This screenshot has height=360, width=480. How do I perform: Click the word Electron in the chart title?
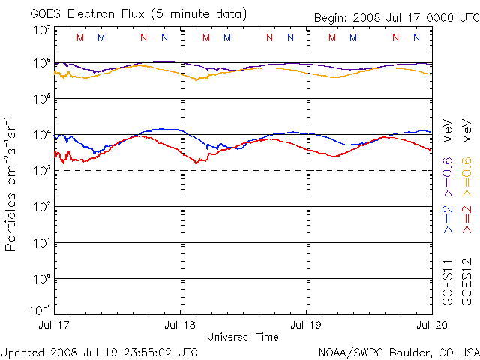click(x=97, y=13)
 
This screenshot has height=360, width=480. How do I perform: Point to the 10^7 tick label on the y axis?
click(x=41, y=31)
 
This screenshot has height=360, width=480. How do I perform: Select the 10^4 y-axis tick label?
click(x=41, y=135)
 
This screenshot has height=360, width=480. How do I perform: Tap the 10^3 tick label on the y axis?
click(x=41, y=171)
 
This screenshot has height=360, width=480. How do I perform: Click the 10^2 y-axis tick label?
click(x=41, y=207)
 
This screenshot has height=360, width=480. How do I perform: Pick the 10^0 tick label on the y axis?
click(x=41, y=279)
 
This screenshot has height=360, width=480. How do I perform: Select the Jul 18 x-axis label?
click(x=181, y=326)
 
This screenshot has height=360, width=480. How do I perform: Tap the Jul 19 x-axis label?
click(x=306, y=326)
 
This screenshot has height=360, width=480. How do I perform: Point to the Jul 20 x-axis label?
click(x=430, y=326)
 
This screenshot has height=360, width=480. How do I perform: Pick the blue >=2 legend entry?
click(x=448, y=218)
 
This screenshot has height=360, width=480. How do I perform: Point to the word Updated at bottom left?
click(x=23, y=351)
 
